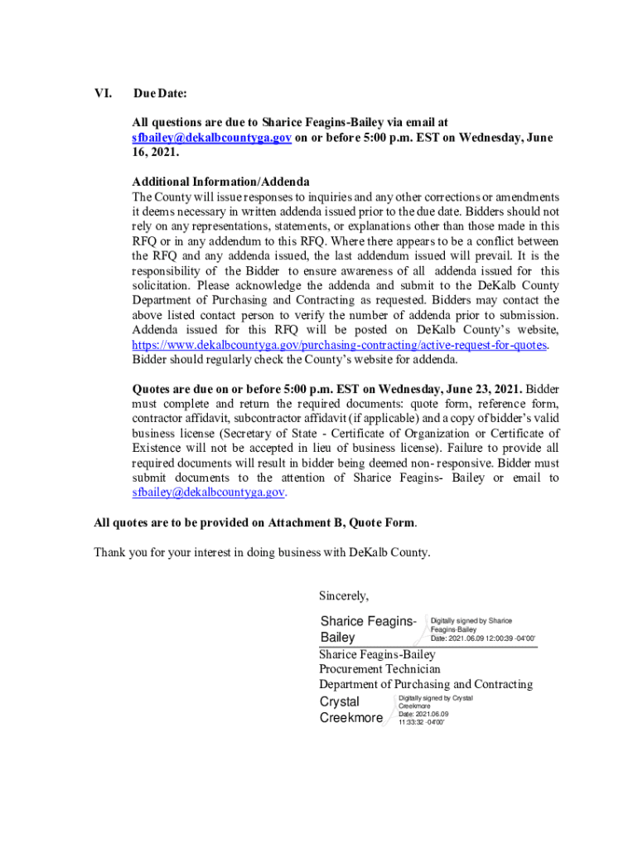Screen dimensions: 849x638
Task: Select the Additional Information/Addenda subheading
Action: coord(220,182)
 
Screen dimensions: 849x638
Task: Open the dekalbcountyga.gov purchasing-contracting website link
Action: coord(340,345)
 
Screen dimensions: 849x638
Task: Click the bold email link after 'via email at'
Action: coord(211,138)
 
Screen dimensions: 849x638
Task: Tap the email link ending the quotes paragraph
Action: coord(209,492)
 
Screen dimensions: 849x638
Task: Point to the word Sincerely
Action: coord(343,595)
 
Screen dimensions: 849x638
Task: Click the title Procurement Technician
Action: coord(379,669)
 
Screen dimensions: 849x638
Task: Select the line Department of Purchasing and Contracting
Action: coord(426,685)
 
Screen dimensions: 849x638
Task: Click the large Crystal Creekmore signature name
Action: coord(351,711)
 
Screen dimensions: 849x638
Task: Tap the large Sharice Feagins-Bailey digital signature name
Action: coord(368,629)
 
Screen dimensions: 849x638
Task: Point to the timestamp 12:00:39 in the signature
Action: coord(495,638)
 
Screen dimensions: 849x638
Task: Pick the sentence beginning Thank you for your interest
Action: coord(262,553)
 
